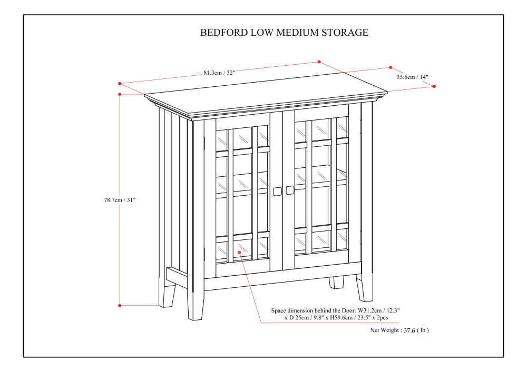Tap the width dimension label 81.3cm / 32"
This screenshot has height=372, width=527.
click(x=219, y=73)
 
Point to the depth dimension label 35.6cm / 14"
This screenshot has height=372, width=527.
click(x=413, y=77)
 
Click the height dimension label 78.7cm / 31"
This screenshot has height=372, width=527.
click(x=120, y=200)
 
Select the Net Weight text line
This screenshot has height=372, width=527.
click(x=399, y=330)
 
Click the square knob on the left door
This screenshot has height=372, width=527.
click(x=277, y=191)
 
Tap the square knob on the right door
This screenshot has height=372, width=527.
click(x=290, y=190)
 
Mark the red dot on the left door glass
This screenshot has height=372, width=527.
click(x=239, y=252)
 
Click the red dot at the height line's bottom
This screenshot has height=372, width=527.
click(x=120, y=305)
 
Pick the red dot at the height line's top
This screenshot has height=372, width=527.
click(x=120, y=94)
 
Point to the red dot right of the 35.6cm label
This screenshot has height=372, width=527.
click(x=434, y=86)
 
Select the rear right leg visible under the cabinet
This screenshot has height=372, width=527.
click(x=336, y=282)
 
